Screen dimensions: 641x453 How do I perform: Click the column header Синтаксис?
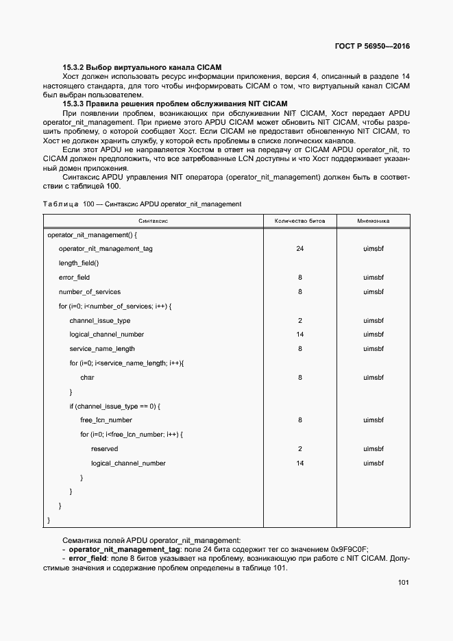point(154,221)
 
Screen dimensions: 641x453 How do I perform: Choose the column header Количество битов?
point(300,221)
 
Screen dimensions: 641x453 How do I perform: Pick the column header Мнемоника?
point(374,221)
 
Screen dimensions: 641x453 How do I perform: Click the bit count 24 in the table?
point(300,249)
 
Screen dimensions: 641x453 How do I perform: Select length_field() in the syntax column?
point(79,263)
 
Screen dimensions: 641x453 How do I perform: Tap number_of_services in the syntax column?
point(90,292)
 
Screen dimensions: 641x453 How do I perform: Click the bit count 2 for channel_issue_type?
point(300,321)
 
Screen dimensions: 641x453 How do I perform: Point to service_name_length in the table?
point(102,349)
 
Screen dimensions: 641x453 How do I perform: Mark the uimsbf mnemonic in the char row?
point(374,378)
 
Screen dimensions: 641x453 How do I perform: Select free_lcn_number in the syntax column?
point(106,420)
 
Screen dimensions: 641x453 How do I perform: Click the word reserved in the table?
point(104,449)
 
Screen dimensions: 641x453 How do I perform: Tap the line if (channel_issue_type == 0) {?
point(114,406)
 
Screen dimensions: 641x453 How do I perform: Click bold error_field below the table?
point(88,559)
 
